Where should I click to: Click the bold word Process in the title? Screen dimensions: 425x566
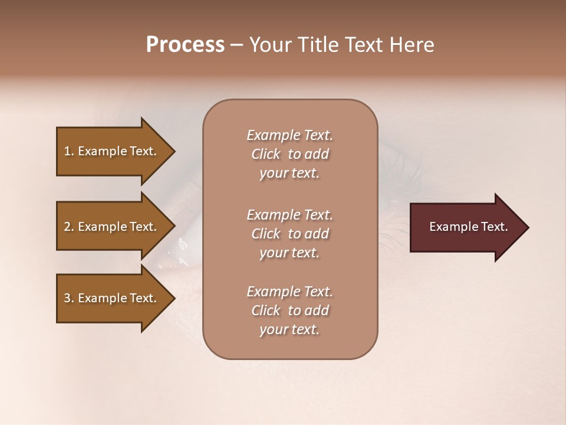click(x=185, y=45)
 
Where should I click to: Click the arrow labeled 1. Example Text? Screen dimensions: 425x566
click(x=110, y=151)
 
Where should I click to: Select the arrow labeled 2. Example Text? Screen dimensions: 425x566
click(x=110, y=227)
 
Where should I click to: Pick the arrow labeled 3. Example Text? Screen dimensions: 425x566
click(x=110, y=298)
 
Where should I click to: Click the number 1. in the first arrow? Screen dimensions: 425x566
click(x=69, y=151)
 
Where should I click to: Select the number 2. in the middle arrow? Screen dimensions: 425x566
click(x=69, y=227)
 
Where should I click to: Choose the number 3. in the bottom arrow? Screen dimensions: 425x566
click(x=69, y=298)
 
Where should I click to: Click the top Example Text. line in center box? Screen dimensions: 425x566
click(x=289, y=135)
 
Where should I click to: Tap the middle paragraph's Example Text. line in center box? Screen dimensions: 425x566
click(x=289, y=215)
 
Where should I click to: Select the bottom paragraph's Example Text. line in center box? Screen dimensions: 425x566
click(x=289, y=292)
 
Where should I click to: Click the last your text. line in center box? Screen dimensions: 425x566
click(x=289, y=330)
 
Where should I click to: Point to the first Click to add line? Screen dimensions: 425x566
click(x=289, y=154)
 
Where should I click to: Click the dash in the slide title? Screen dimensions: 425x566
click(x=236, y=45)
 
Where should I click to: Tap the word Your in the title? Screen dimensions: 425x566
click(x=269, y=45)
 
